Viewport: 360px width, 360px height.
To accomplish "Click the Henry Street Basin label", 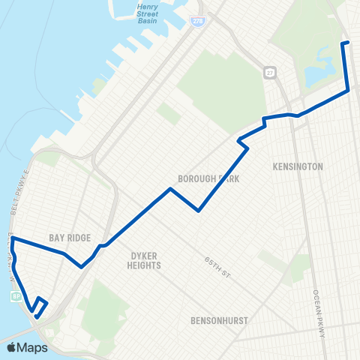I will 154,13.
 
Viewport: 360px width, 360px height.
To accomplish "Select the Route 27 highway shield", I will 270,73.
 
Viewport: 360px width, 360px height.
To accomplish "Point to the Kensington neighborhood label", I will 299,166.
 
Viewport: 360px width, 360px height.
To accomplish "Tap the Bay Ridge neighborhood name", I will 70,238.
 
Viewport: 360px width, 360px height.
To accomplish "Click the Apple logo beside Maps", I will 10,347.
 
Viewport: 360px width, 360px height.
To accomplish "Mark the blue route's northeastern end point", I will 344,43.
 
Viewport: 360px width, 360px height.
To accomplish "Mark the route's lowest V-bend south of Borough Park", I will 199,211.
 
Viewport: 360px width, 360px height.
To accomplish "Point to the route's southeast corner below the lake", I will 349,91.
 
